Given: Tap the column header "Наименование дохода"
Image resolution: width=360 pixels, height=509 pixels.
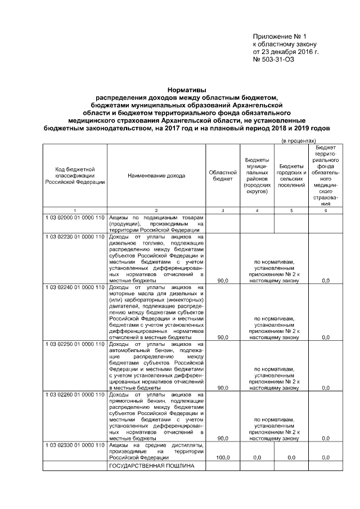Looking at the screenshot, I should click(156, 176).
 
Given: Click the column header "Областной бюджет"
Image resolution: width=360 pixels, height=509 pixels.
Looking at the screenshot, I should click(223, 176).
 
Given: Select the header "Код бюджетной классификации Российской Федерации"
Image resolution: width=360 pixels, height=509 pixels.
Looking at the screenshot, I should click(74, 176).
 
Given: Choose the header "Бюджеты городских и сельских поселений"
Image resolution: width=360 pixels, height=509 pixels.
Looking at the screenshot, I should click(291, 176).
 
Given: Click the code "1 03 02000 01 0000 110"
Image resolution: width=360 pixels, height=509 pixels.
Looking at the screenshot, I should click(74, 217).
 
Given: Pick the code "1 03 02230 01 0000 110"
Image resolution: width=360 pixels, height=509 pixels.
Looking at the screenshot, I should click(74, 237).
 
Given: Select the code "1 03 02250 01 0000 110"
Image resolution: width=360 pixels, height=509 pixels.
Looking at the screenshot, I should click(74, 344).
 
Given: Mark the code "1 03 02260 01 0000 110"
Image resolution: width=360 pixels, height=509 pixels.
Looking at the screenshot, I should click(74, 395).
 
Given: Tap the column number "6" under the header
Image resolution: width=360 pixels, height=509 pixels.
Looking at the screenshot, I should click(325, 210).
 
